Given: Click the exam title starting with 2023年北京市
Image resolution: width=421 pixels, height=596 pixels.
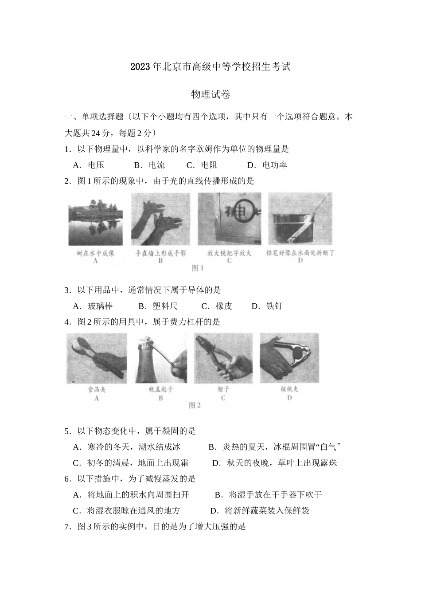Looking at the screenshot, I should tap(210, 67).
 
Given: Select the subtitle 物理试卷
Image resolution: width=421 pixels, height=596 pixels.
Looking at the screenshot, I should tap(210, 94).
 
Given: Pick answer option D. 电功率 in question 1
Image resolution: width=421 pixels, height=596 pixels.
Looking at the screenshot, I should tap(268, 165).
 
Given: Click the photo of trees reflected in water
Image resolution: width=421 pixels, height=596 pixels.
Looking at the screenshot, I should tap(95, 220).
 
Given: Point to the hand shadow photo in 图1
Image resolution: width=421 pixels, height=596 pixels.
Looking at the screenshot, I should tap(160, 220).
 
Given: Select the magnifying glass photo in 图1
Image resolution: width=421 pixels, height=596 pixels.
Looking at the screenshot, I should tap(229, 220).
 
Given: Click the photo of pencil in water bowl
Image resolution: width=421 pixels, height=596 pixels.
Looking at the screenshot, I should tap(300, 220).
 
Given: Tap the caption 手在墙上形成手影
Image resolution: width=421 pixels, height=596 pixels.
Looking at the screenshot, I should tap(160, 253).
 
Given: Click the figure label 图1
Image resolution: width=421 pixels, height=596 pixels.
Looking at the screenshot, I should tap(197, 268).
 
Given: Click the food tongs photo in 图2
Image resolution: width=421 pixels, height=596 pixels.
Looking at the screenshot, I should tap(97, 358).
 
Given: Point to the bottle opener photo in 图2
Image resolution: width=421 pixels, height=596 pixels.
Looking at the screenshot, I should tap(160, 358).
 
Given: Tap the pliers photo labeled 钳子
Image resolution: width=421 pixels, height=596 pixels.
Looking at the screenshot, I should tap(223, 358).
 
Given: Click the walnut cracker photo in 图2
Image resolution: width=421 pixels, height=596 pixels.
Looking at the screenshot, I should tap(289, 358).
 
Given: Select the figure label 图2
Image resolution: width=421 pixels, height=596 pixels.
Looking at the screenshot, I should tap(195, 405).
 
